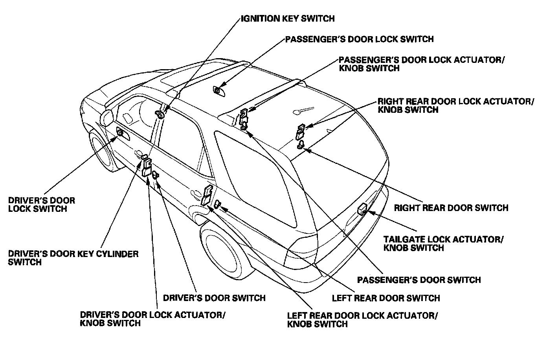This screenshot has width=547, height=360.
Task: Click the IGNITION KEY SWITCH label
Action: pos(287,18)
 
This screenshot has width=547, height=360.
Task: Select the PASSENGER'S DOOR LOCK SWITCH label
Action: pos(359,39)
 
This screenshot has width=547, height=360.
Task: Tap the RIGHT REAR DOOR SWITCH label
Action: pos(451,208)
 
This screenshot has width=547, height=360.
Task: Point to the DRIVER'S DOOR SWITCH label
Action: pos(214,298)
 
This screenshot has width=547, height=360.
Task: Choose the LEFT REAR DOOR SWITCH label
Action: pos(385,298)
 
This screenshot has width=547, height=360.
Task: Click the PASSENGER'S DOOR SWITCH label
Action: pos(419,280)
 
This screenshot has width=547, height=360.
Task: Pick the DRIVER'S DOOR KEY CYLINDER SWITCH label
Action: pos(73,258)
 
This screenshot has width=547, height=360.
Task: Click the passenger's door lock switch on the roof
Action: pos(218,90)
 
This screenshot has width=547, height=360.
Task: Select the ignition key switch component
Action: pos(160,114)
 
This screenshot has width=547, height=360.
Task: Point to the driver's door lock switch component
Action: pos(120,133)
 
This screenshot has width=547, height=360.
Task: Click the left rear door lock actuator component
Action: pos(207,195)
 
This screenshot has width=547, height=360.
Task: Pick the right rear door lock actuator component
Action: pos(301,132)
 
